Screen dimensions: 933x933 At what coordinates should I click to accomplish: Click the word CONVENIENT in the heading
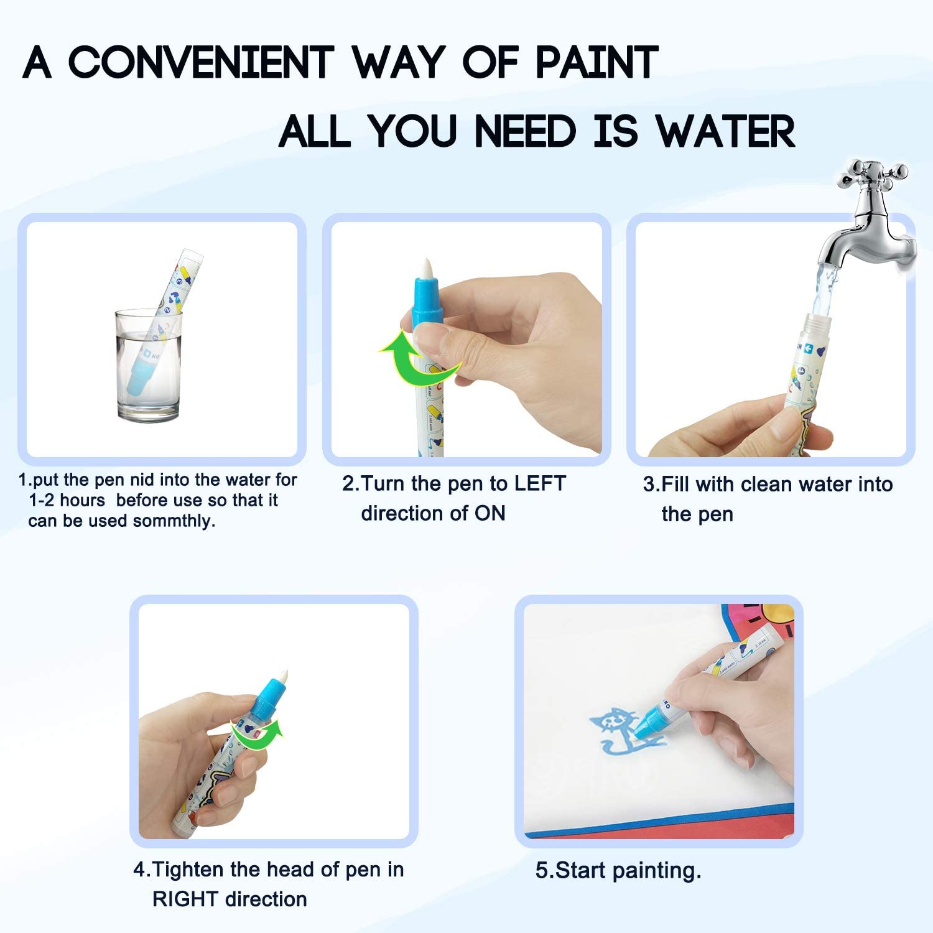[200, 62]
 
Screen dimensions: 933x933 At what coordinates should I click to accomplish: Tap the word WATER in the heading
[725, 131]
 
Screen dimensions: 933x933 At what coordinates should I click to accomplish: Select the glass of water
[149, 365]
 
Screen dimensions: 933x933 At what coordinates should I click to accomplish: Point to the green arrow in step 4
[256, 735]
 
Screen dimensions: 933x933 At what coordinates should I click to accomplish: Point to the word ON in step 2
[490, 513]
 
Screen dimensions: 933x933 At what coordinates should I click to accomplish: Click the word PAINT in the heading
[596, 62]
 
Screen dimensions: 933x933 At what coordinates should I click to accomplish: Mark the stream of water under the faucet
[822, 289]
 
